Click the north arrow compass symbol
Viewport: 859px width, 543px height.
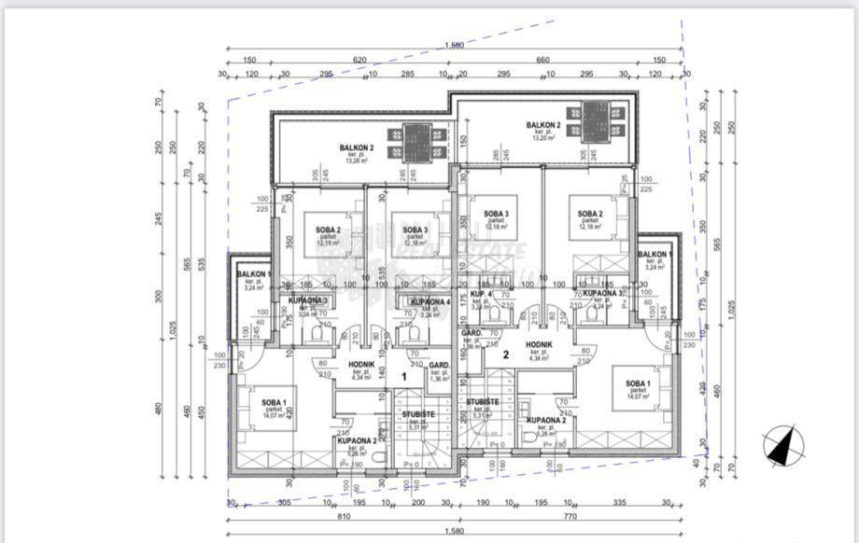pyautogui.click(x=783, y=445)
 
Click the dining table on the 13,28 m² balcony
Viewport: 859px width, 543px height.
pyautogui.click(x=415, y=141)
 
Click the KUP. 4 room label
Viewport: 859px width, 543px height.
pyautogui.click(x=481, y=294)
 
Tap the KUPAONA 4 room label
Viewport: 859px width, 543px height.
pyautogui.click(x=432, y=302)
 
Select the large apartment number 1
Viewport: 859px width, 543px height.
pyautogui.click(x=403, y=376)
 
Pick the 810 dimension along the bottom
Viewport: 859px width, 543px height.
pyautogui.click(x=345, y=515)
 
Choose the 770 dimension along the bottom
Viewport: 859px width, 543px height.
pyautogui.click(x=572, y=515)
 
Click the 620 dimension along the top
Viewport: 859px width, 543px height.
pyautogui.click(x=359, y=60)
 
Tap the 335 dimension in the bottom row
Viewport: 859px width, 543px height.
pyautogui.click(x=619, y=502)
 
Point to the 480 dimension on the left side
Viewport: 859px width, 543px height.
pyautogui.click(x=160, y=408)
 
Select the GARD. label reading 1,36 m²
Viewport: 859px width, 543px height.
pyautogui.click(x=440, y=370)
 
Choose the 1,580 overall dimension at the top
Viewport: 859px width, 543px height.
pyautogui.click(x=455, y=45)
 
